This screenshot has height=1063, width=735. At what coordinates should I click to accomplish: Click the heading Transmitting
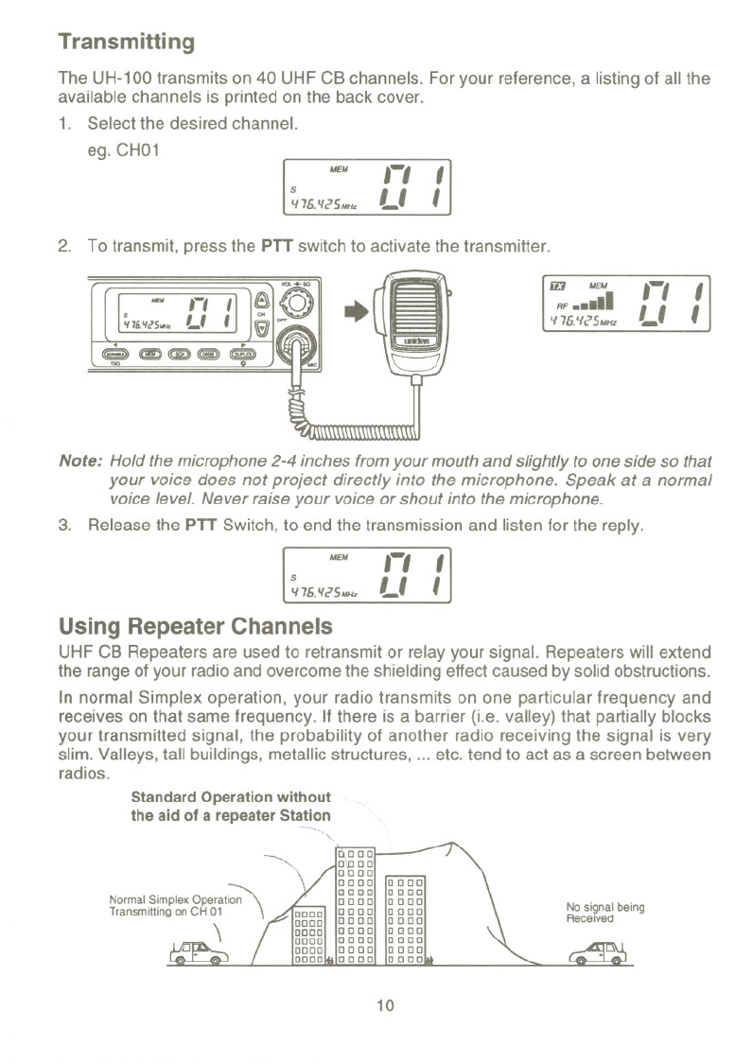[x=126, y=43]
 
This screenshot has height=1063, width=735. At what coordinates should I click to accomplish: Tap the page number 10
[x=384, y=1005]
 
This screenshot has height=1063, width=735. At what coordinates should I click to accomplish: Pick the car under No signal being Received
[x=605, y=952]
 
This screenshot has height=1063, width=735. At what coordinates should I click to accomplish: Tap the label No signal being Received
[x=604, y=913]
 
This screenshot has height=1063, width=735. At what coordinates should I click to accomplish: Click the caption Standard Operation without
[x=231, y=796]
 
